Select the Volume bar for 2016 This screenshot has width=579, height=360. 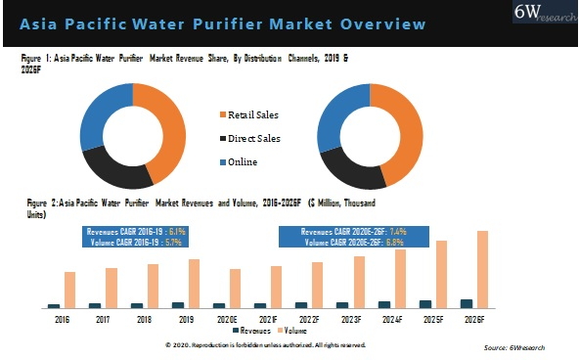tap(69, 290)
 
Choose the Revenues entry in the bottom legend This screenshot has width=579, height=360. tap(255, 332)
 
